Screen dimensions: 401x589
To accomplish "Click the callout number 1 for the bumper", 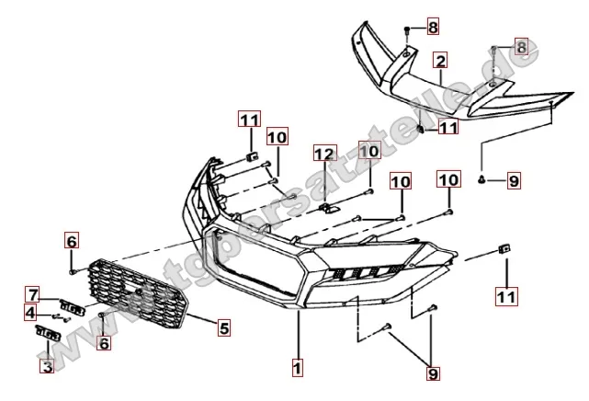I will pos(297,367).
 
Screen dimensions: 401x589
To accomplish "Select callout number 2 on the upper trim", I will pos(440,62).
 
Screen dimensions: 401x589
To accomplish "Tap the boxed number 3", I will pos(46,365).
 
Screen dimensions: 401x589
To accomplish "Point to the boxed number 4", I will pos(31,313).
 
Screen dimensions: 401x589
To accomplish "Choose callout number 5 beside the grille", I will pos(223,326).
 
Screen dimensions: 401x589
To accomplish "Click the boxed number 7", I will pos(32,294).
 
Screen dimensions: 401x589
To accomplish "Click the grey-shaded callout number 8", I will pos(521,46).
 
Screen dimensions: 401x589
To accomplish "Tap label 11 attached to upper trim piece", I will pos(447,128).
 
